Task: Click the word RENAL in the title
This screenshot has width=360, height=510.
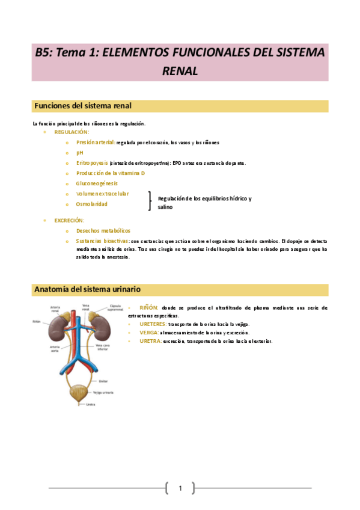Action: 180,71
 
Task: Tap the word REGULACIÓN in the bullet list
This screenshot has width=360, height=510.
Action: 72,132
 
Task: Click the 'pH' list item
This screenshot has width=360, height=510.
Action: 80,153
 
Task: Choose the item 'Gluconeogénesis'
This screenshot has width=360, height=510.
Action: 97,183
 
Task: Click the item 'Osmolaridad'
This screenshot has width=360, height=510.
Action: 91,204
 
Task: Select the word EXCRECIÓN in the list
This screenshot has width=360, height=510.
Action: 69,220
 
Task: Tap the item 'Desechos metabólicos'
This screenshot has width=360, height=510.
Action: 103,230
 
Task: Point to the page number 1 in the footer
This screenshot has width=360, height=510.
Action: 180,488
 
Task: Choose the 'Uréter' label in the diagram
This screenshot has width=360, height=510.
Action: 103,381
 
